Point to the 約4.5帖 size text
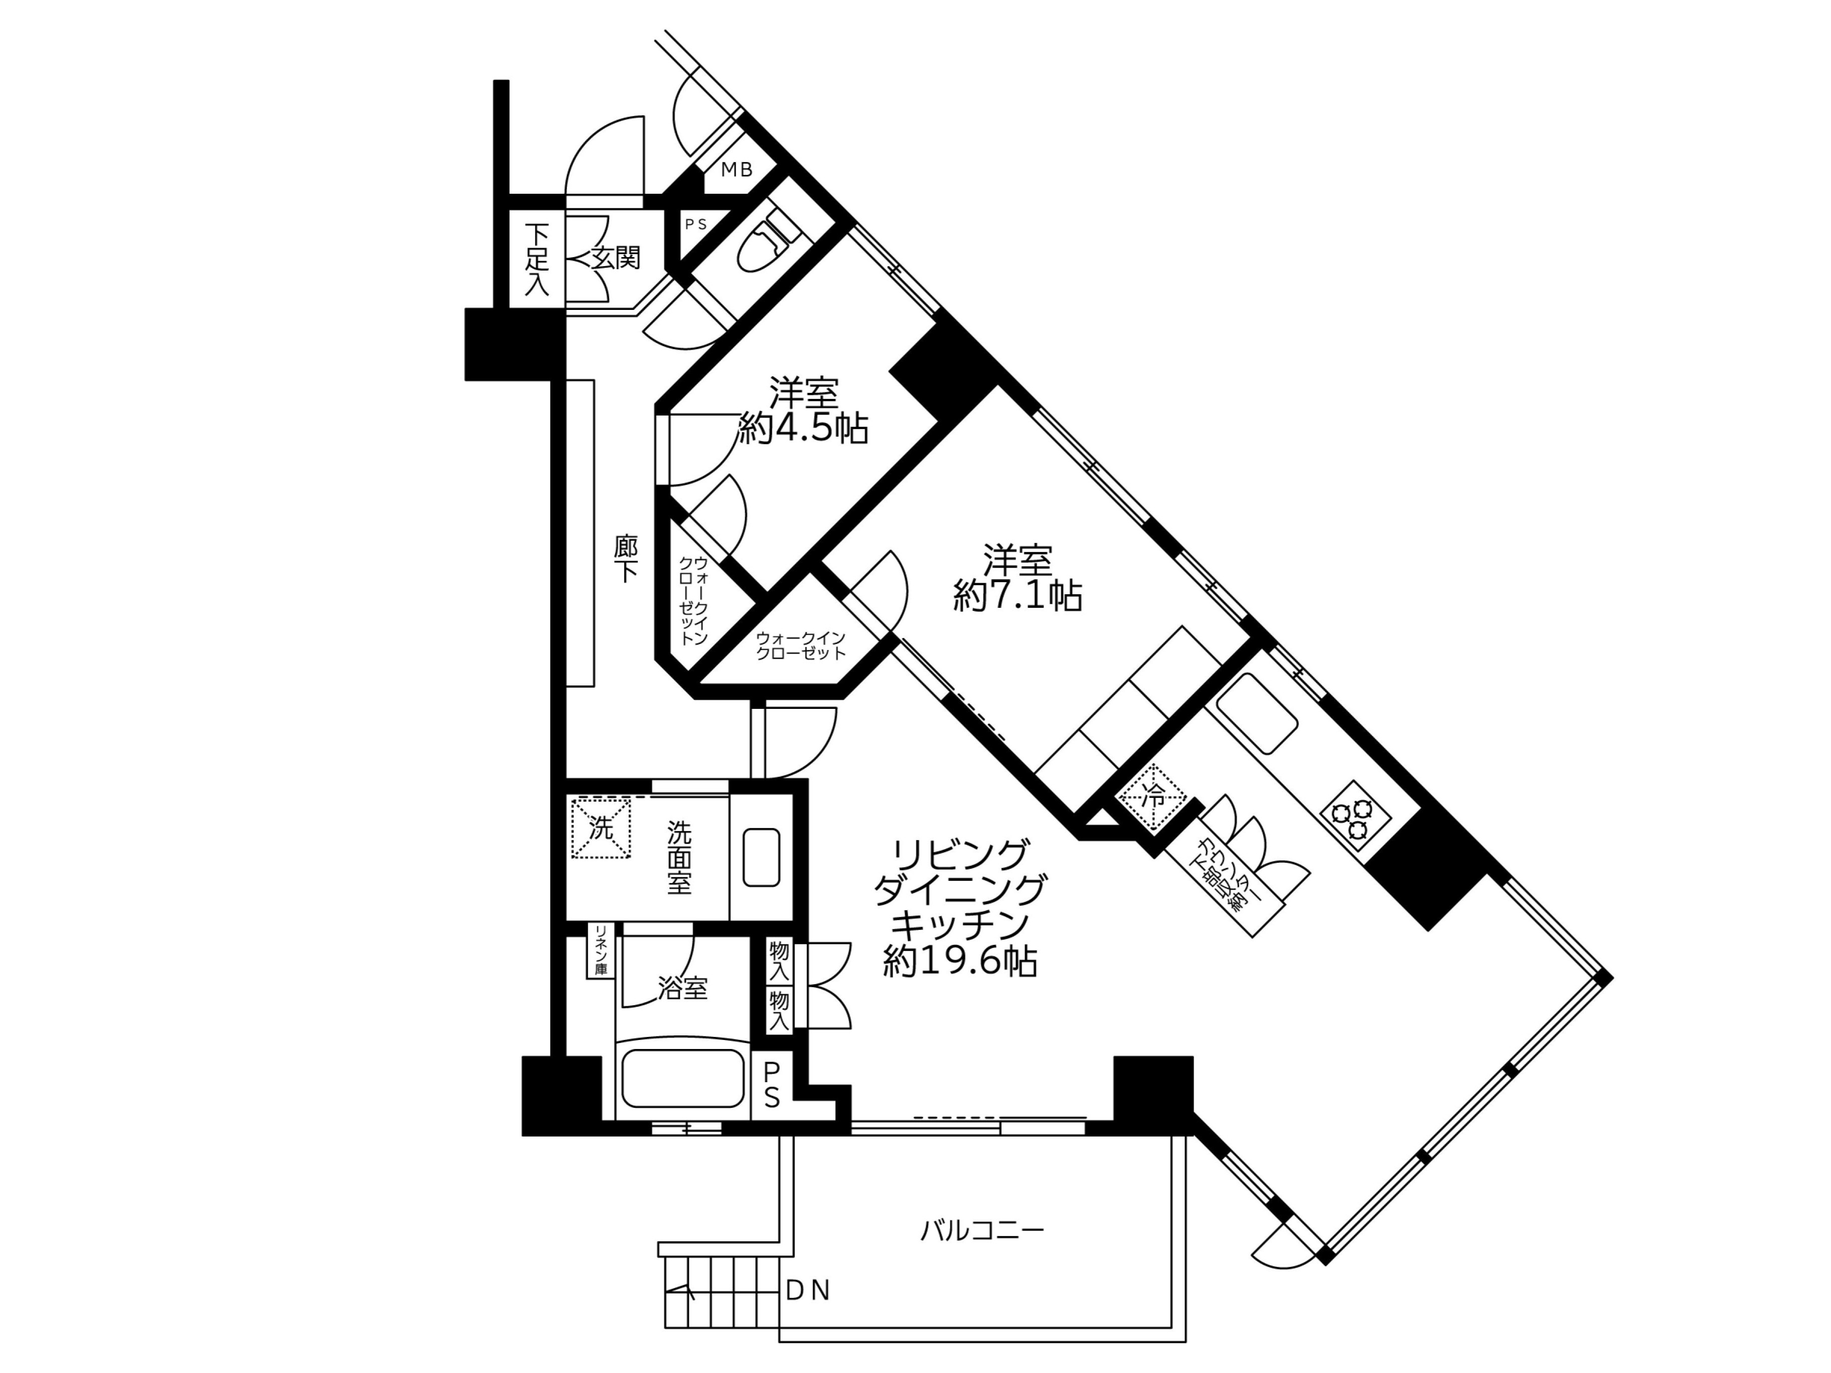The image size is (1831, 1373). (x=803, y=429)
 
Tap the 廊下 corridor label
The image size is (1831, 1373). (x=626, y=558)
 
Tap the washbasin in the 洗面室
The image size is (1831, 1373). (x=762, y=857)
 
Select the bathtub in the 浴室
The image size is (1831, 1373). (x=683, y=1078)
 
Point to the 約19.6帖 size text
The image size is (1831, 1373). (x=960, y=961)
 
